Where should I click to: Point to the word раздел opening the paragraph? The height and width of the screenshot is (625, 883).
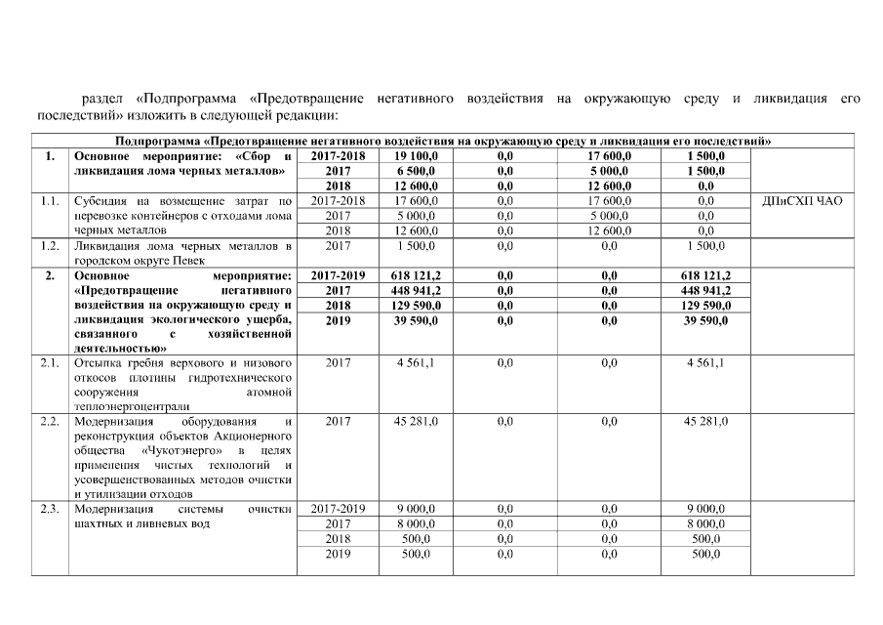(102, 99)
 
